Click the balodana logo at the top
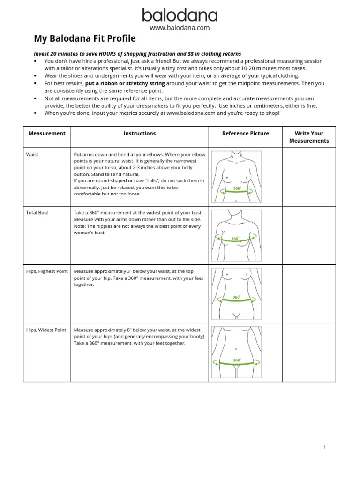180,15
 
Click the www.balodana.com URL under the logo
180,28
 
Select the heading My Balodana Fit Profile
85,38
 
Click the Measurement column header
47,134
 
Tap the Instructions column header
140,134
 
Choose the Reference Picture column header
245,134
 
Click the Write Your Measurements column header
309,137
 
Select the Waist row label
32,154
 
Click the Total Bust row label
37,213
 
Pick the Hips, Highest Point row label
47,271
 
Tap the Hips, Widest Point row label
46,330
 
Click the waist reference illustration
236,176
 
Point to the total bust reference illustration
236,235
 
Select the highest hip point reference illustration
236,293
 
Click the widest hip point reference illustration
236,352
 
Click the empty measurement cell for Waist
309,177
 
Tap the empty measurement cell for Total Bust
309,235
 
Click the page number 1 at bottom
324,447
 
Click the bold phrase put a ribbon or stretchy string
125,83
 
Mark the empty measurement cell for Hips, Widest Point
309,352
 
